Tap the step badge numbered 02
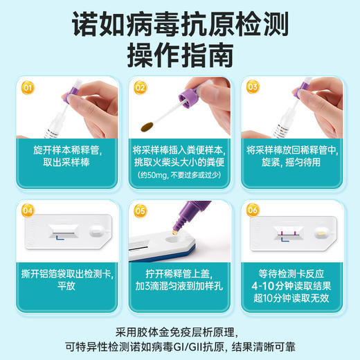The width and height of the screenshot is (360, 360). [x=141, y=89]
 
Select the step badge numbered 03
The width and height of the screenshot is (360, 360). [x=253, y=89]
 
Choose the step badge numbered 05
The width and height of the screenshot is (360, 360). [x=141, y=210]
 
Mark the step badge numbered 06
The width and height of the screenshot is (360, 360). [x=253, y=210]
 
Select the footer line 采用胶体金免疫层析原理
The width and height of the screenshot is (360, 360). [x=180, y=330]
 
